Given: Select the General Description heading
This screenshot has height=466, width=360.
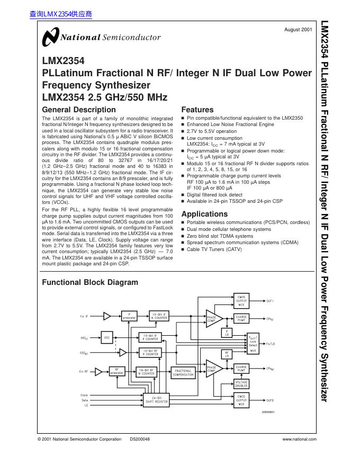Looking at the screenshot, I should point(78,110).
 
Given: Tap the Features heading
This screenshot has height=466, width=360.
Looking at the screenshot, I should point(197,110).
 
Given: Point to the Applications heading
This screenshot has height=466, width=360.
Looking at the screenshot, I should point(204,214).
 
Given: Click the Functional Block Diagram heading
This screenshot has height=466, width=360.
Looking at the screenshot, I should point(89,282).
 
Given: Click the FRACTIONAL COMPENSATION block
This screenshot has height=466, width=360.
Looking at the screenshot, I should point(183,372).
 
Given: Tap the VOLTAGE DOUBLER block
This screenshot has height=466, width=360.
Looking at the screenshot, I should point(241,384).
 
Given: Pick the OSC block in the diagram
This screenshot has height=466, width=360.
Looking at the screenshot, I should point(106,337).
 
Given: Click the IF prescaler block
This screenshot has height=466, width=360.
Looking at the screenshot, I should point(129,316).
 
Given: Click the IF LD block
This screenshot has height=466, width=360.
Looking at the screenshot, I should point(227,333).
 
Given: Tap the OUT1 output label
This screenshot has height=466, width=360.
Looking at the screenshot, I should point(270,301).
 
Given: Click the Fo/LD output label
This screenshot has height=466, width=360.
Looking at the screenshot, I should point(271,344).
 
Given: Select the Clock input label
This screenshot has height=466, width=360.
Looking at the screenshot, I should point(84,395).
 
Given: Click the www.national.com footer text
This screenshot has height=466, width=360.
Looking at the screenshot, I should point(299,439).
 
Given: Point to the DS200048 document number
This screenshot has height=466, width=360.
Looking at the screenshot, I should point(140,439).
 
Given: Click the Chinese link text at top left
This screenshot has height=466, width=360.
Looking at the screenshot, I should point(61,14).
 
